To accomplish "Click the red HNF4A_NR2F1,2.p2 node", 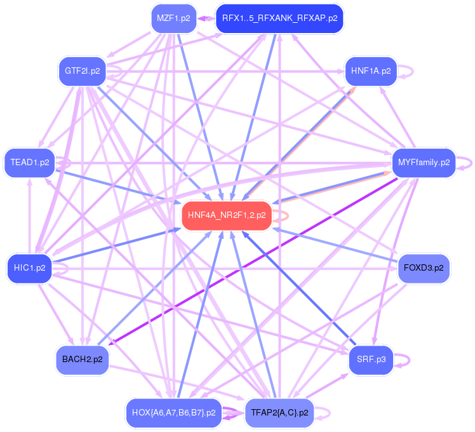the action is click(x=227, y=215).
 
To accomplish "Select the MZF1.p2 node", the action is click(x=173, y=18).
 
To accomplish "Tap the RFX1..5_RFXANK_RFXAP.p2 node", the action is click(x=279, y=18).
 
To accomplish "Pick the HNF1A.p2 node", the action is click(x=370, y=71).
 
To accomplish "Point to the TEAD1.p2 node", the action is click(x=30, y=163).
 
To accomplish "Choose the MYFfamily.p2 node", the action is click(x=424, y=163).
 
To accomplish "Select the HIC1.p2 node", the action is click(x=30, y=267).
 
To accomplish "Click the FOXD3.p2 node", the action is click(x=424, y=267).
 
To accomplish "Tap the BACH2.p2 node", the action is click(x=82, y=360).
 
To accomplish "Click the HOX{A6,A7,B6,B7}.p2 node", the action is click(x=173, y=412).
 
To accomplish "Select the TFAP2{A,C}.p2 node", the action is click(x=279, y=412).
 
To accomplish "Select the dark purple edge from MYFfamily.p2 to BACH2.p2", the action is click(x=254, y=261).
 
